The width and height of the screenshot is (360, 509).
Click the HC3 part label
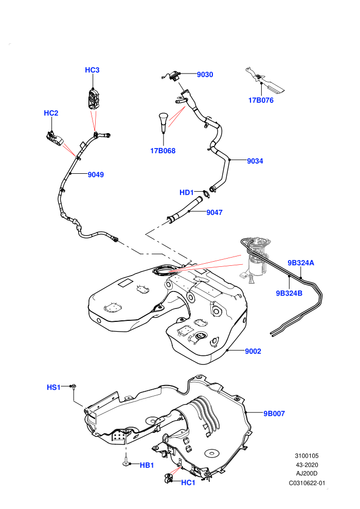pyautogui.click(x=92, y=70)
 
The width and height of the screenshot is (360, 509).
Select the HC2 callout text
pyautogui.click(x=51, y=113)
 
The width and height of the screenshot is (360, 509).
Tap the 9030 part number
pyautogui.click(x=205, y=75)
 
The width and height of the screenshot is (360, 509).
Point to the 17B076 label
pyautogui.click(x=261, y=100)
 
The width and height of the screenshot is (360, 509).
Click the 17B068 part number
pyautogui.click(x=163, y=151)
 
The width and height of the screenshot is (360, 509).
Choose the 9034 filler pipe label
pyautogui.click(x=255, y=161)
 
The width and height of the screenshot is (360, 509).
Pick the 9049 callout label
pyautogui.click(x=96, y=175)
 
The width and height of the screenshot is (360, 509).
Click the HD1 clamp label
pyautogui.click(x=187, y=192)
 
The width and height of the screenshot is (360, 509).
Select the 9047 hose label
pyautogui.click(x=214, y=213)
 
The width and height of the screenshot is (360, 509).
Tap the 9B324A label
pyautogui.click(x=301, y=263)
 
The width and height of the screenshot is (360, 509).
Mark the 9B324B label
pyautogui.click(x=289, y=293)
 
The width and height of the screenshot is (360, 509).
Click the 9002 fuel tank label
pyautogui.click(x=253, y=351)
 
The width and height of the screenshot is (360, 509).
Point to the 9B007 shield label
pyautogui.click(x=274, y=413)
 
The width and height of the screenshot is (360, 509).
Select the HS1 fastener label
pyautogui.click(x=53, y=387)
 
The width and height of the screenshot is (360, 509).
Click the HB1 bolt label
pyautogui.click(x=147, y=465)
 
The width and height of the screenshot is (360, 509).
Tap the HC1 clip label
pyautogui.click(x=188, y=483)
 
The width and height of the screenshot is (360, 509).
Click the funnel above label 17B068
pyautogui.click(x=163, y=122)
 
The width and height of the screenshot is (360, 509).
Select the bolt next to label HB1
pyautogui.click(x=126, y=462)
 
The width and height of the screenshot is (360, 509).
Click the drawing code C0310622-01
pyautogui.click(x=307, y=483)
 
